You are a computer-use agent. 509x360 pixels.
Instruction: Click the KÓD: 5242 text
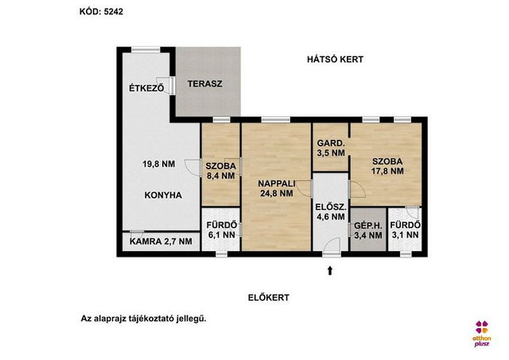[x=101, y=12]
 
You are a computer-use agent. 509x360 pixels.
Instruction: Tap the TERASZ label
[x=205, y=83]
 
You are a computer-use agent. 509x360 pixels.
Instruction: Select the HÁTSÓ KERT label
[x=336, y=60]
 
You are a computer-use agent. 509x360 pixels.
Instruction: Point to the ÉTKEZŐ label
[x=146, y=88]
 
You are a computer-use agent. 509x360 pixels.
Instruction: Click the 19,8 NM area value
[x=159, y=165]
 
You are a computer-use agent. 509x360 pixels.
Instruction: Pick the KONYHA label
[x=163, y=195]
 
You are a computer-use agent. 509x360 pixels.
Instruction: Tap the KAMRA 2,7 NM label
[x=161, y=242]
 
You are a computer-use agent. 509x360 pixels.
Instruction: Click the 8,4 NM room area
[x=221, y=176]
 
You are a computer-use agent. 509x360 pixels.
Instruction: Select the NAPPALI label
[x=277, y=184]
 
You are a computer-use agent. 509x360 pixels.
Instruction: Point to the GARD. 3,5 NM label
[x=331, y=148]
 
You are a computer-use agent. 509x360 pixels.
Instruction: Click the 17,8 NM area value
[x=387, y=171]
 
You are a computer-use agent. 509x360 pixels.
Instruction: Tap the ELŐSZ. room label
[x=331, y=207]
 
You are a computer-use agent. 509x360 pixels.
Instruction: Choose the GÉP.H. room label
[x=368, y=226]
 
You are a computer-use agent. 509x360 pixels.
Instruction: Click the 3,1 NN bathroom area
[x=406, y=234]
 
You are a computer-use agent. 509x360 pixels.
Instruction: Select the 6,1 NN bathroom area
[x=221, y=234]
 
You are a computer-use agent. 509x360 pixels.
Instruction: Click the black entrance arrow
[x=330, y=270]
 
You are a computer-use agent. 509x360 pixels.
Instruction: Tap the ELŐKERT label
[x=269, y=297]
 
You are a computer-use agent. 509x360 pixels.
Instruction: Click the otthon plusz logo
[x=482, y=334]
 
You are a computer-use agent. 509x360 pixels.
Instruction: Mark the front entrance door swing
[x=332, y=245]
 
